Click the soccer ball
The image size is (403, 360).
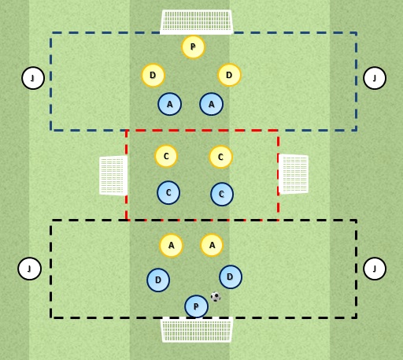click(x=216, y=297)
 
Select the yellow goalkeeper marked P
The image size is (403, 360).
click(x=193, y=47)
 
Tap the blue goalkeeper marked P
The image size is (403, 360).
click(x=196, y=306)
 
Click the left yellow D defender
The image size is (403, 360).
click(x=153, y=75)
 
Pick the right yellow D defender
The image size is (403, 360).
click(x=229, y=75)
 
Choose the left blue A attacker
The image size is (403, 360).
click(x=169, y=104)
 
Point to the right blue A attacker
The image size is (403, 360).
click(x=211, y=104)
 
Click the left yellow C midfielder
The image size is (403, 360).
click(x=166, y=156)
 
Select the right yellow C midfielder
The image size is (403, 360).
click(x=220, y=157)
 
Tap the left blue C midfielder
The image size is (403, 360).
click(x=168, y=192)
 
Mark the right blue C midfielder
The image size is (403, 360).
click(x=222, y=194)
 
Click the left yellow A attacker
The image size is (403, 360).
click(x=171, y=245)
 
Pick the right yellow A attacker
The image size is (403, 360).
click(x=212, y=245)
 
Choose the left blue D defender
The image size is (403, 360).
click(x=158, y=280)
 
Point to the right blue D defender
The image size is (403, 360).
click(x=231, y=276)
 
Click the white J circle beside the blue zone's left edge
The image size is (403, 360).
click(x=33, y=78)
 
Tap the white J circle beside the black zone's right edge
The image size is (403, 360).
click(x=375, y=269)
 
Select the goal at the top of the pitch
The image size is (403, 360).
click(x=196, y=22)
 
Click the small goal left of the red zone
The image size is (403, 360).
click(x=113, y=176)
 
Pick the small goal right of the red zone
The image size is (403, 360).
click(x=294, y=174)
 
